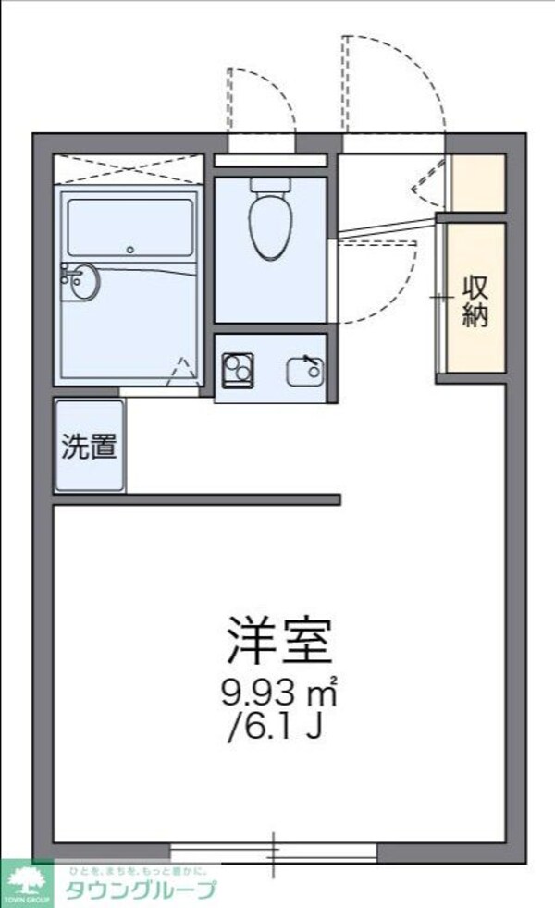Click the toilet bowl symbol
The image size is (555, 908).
coord(270,227)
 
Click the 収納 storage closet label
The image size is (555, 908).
coord(475,301)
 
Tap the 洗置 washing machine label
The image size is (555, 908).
coord(90,447)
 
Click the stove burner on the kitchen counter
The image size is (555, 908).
coord(238,368)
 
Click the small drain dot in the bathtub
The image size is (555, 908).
coord(130,249)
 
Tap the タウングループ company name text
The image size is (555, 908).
coord(139,890)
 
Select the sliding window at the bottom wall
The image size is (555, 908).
coord(274,852)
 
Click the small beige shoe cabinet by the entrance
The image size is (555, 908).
coord(477,182)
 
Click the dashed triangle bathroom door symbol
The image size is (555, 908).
coord(184,373)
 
